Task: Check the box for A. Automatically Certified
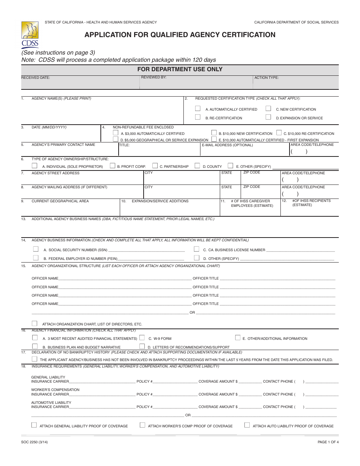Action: click(x=197, y=108)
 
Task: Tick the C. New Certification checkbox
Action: click(x=268, y=108)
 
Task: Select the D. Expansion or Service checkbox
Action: click(x=268, y=117)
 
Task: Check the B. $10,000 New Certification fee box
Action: click(x=214, y=133)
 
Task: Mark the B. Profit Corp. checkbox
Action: click(x=113, y=166)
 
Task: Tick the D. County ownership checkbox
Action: click(x=197, y=166)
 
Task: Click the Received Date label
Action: click(x=35, y=78)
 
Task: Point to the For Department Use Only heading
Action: click(x=180, y=69)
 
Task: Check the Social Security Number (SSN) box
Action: click(x=36, y=249)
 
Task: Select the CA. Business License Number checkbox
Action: click(x=197, y=249)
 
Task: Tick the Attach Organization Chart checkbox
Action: click(x=34, y=323)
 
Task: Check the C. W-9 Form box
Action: click(x=142, y=338)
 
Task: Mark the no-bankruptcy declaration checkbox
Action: click(x=34, y=359)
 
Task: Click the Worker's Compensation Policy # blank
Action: click(x=175, y=394)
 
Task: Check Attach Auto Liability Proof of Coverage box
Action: click(x=247, y=425)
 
